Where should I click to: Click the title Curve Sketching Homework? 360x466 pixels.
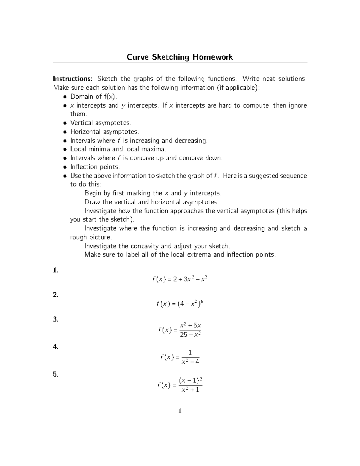point(179,57)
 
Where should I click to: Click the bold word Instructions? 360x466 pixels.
point(73,79)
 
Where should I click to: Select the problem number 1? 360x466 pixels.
point(55,270)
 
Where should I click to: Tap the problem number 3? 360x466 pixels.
point(55,319)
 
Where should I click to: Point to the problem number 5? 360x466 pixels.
point(55,374)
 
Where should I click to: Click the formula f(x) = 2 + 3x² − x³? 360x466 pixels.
point(180,279)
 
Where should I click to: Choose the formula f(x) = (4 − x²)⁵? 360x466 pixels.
point(180,304)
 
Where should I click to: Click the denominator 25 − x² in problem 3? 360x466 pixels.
point(190,335)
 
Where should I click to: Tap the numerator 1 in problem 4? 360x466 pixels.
point(190,352)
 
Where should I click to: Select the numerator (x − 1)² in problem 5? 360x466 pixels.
point(190,380)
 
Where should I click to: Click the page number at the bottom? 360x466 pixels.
point(180,411)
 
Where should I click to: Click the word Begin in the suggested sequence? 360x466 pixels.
point(93,193)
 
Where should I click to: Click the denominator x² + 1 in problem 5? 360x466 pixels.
point(190,390)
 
